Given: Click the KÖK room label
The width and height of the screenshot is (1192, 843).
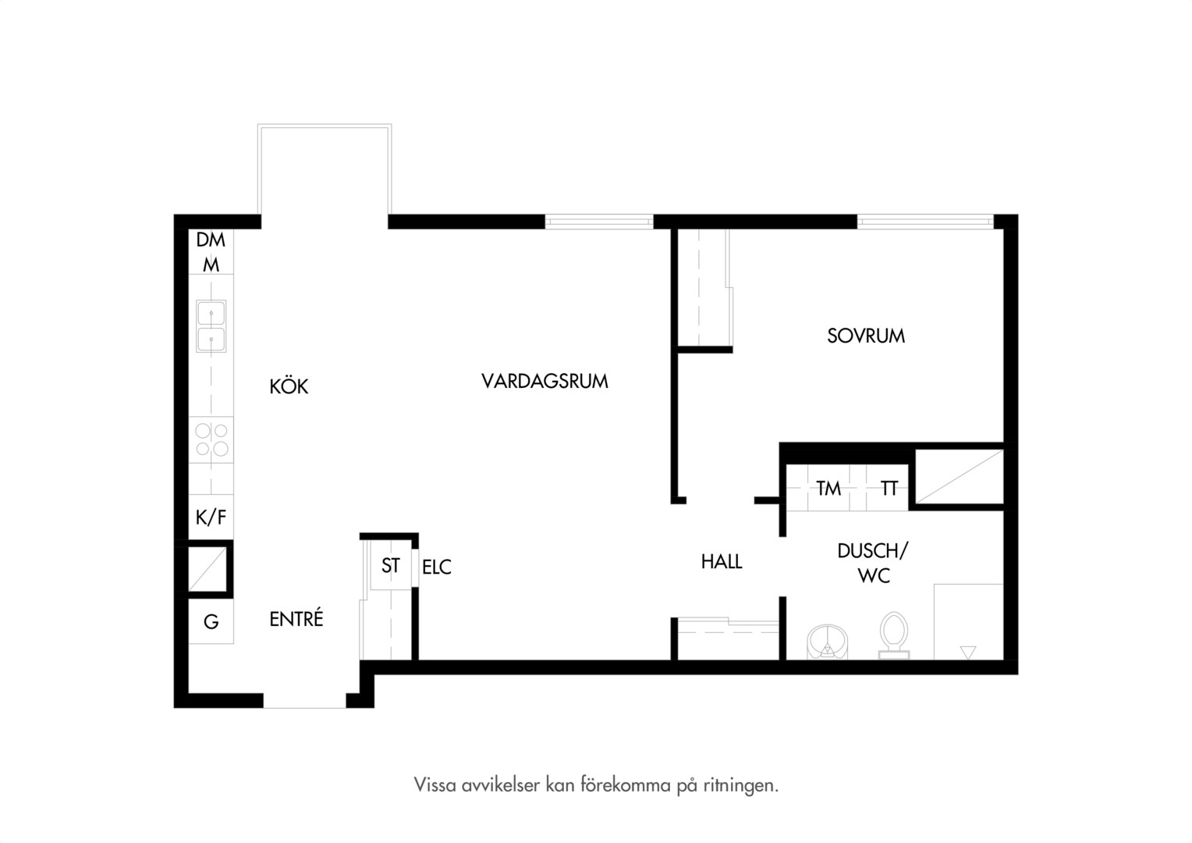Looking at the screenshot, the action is (x=289, y=386).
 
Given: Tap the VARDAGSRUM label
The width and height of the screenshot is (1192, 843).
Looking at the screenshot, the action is (x=545, y=381).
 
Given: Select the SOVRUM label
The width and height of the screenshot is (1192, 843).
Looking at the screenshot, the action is (x=866, y=336).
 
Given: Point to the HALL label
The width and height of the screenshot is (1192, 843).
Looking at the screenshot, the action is (x=722, y=562).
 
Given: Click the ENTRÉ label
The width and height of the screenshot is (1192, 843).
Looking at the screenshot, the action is (x=296, y=618).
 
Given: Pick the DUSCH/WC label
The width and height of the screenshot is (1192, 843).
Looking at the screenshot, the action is (x=873, y=564).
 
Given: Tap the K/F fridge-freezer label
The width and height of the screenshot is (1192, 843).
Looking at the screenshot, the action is (x=211, y=517).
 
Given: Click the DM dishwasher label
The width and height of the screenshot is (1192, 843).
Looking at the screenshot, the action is (x=211, y=240).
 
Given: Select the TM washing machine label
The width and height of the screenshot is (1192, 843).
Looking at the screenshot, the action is (x=828, y=489).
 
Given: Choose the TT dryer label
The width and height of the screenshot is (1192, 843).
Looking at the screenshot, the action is (x=889, y=489).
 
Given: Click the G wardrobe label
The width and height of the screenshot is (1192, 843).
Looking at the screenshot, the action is (x=211, y=621).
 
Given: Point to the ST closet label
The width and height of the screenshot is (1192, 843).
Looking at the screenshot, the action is (x=391, y=566).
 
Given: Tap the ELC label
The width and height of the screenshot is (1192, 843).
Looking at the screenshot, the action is (x=437, y=567).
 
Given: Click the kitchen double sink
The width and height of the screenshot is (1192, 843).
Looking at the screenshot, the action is (x=211, y=326).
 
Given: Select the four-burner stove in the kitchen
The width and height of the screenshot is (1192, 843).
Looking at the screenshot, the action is (x=211, y=439).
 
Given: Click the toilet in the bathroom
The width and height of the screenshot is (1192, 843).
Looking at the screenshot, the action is (x=893, y=636).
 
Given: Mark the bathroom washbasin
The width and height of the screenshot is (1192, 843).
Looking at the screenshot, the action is (x=828, y=642).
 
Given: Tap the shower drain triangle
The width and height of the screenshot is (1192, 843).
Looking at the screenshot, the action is (x=968, y=653).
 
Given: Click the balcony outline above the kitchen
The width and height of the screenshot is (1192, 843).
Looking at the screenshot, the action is (x=325, y=126).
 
